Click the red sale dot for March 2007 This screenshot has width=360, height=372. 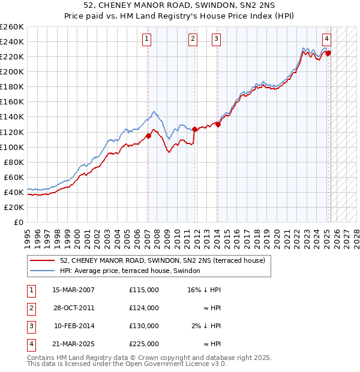click(148, 136)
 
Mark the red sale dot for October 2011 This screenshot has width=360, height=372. click(195, 129)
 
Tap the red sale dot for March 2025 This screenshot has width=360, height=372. click(328, 53)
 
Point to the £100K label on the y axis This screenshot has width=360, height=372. click(11, 147)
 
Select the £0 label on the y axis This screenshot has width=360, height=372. click(18, 222)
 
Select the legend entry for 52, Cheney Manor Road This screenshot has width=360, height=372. click(166, 261)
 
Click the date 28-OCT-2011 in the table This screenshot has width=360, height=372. click(73, 308)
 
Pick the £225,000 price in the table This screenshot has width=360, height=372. click(144, 344)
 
